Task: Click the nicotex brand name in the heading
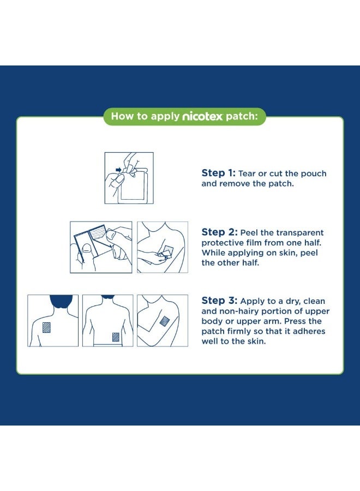click(202, 117)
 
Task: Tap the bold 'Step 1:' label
click(219, 173)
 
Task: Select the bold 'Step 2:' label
click(219, 232)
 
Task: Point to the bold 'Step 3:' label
click(219, 300)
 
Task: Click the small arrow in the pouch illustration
click(118, 170)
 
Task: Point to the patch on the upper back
click(46, 327)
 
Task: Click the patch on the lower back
click(116, 337)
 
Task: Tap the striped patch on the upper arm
click(165, 321)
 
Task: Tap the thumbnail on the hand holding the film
click(86, 249)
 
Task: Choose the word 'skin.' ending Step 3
click(256, 341)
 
